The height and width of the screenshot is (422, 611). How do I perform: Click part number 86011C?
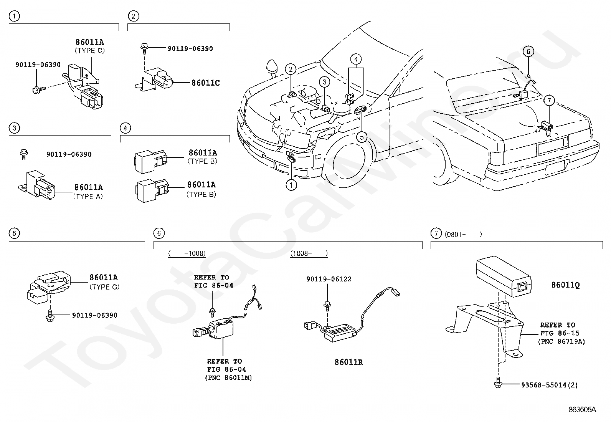point(205,83)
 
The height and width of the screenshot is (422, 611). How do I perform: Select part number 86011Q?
point(565,285)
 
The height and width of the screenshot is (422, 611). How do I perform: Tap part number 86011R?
point(348,362)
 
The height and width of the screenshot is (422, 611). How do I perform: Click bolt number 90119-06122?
point(329,279)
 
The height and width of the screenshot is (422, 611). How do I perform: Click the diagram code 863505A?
point(582,409)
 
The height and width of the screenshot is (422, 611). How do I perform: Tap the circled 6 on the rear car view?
point(528,51)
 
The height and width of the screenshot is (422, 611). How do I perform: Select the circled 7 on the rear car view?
point(549,101)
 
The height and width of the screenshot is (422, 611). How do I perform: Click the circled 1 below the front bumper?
point(291,185)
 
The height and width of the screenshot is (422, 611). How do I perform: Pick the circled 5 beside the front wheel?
point(362,137)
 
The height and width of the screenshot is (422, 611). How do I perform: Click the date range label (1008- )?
point(309,253)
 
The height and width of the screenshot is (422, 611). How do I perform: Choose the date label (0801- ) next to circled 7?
point(463,234)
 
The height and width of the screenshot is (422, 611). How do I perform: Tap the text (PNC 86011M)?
point(228,378)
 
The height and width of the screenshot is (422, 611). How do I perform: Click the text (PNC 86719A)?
point(561,341)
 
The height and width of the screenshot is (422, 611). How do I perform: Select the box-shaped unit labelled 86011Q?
point(504,276)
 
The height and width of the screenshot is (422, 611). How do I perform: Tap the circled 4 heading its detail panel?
point(125,128)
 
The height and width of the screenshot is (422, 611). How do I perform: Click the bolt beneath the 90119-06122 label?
point(327,306)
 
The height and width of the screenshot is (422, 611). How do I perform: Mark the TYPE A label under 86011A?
point(88,196)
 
